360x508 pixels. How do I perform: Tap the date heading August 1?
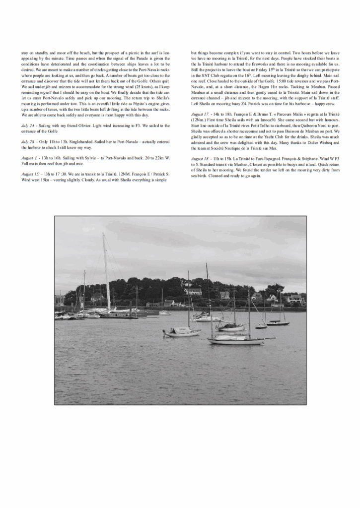[29, 158]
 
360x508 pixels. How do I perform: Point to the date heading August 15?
[30, 174]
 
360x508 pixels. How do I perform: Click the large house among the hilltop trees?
[193, 292]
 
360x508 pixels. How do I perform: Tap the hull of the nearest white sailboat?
[236, 341]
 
